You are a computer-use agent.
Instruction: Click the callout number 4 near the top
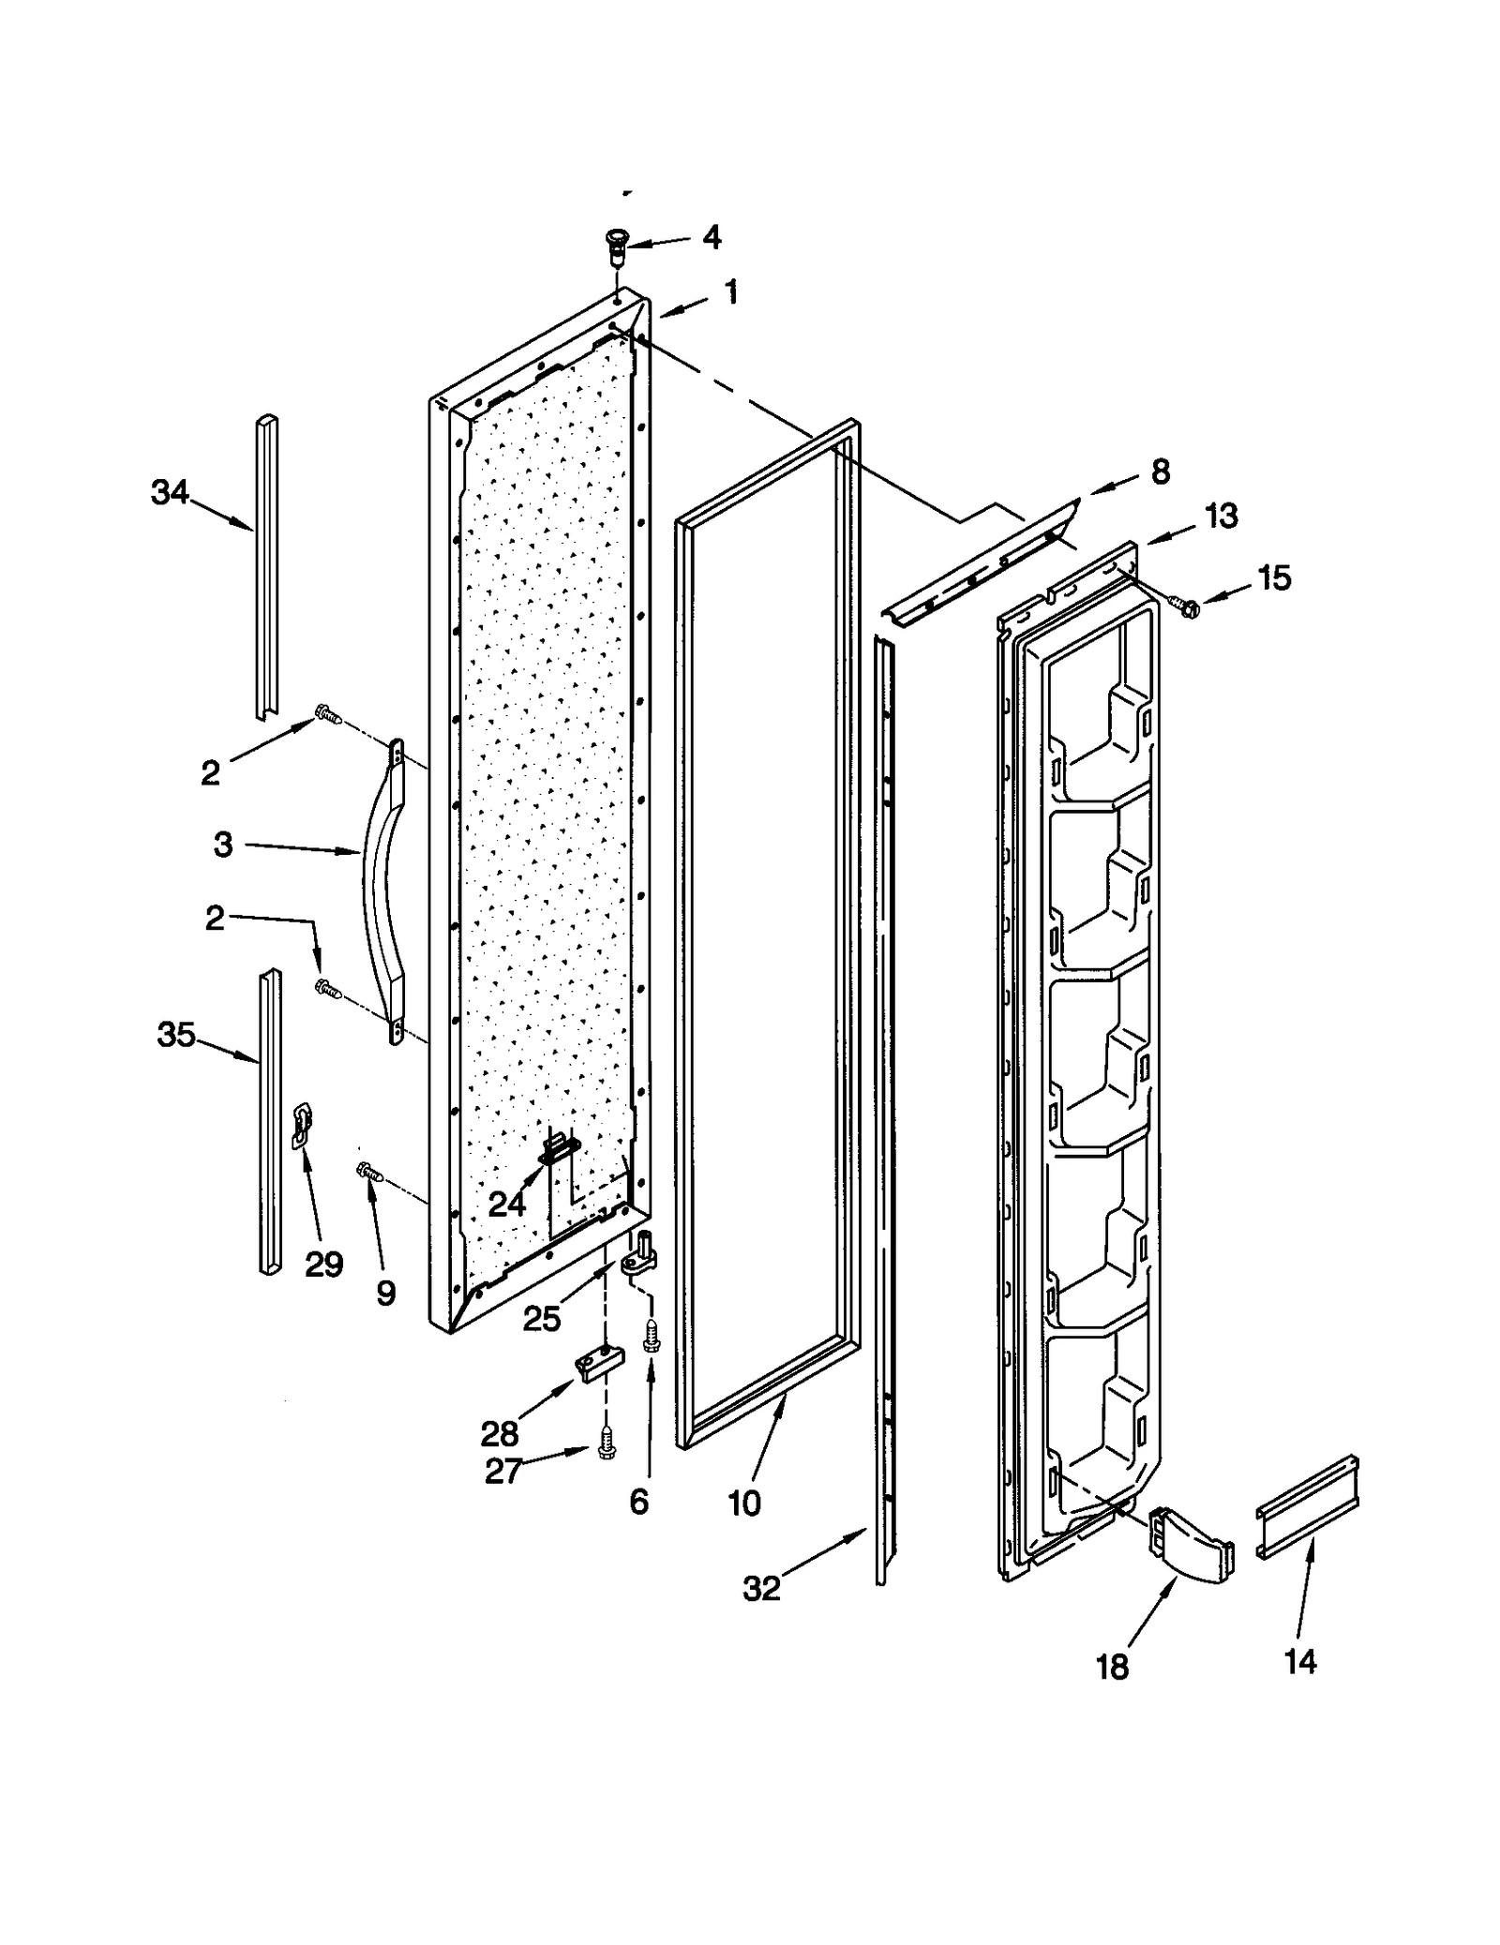[712, 237]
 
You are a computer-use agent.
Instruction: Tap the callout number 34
[170, 492]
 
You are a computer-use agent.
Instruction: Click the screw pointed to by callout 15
[1184, 608]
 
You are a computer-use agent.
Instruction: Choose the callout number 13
[1221, 516]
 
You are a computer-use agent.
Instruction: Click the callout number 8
[1161, 471]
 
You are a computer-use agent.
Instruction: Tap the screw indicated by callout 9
[369, 1172]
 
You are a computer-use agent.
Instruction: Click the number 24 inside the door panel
[506, 1204]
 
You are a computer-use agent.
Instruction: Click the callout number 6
[638, 1502]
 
